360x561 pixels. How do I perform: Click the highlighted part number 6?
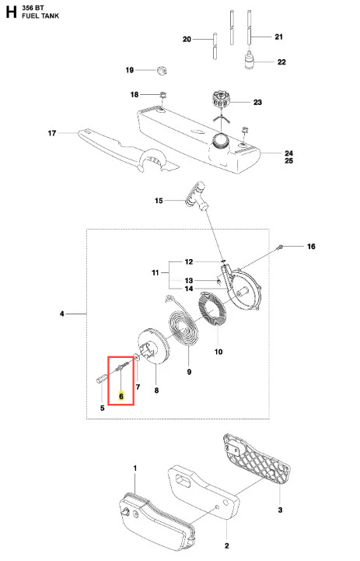tap(121, 396)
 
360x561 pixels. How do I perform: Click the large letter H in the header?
tap(11, 12)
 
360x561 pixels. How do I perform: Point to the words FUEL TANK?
tap(40, 16)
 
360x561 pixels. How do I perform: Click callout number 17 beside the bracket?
tap(52, 133)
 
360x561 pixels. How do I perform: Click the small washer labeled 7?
tap(137, 356)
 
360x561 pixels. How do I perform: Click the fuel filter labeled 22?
tap(250, 61)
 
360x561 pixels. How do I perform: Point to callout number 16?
tap(311, 246)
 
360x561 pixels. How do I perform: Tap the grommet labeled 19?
tap(163, 70)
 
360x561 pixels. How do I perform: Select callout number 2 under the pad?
tap(227, 545)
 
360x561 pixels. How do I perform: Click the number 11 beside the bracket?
tap(156, 272)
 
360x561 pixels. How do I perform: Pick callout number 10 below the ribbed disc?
tap(218, 352)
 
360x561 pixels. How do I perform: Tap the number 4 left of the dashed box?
tap(62, 314)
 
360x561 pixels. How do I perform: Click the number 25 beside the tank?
tap(289, 160)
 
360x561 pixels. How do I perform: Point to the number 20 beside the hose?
tap(187, 39)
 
